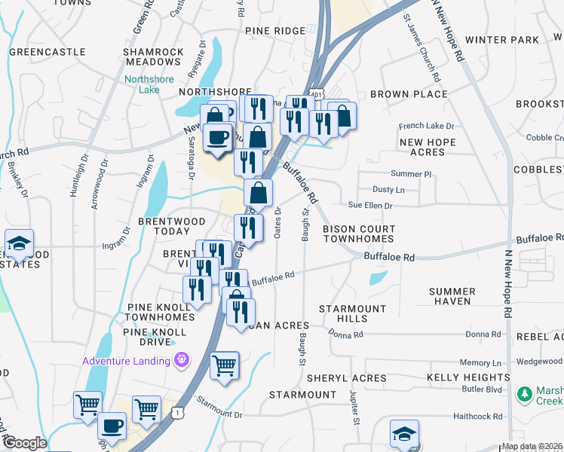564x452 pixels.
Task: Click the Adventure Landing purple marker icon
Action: coord(181,361)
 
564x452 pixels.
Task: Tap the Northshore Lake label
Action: coord(150,84)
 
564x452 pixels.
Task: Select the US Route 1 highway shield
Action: coord(177,413)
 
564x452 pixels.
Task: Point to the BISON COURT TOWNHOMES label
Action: coord(358,234)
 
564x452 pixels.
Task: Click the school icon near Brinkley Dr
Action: coord(19,243)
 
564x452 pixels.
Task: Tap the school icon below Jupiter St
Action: coord(405,435)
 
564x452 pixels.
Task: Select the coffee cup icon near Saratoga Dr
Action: coord(218,136)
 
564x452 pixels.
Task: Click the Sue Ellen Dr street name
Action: coord(370,206)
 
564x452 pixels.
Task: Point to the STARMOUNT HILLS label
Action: coord(352,314)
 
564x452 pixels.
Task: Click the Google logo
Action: coord(24,443)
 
